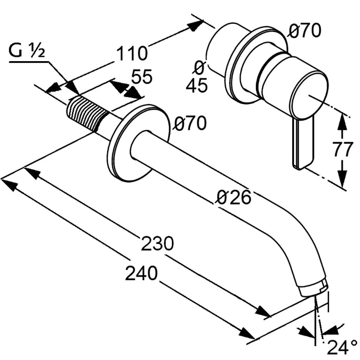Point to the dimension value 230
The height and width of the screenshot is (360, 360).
coord(157,244)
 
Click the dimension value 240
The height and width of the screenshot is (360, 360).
coord(141,274)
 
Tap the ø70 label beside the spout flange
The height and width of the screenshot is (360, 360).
coord(190,124)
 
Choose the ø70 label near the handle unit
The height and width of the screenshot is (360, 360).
coord(304,31)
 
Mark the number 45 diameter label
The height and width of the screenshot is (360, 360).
coord(196,85)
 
